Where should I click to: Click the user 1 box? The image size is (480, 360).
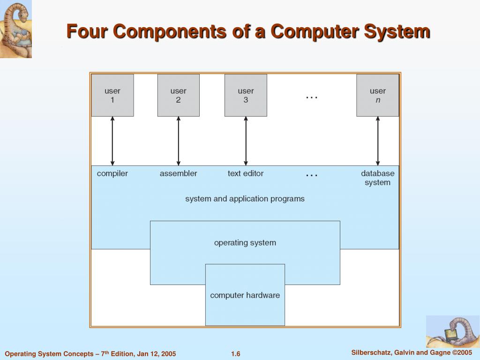click(112, 95)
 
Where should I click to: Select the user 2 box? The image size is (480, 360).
click(178, 95)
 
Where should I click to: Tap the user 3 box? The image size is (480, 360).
click(246, 95)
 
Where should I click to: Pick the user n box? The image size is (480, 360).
click(377, 95)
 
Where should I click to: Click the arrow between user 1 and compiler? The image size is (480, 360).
click(112, 141)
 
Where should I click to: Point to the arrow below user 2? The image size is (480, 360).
click(178, 141)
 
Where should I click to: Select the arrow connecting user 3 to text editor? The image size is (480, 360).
click(246, 141)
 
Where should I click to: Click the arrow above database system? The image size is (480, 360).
click(378, 141)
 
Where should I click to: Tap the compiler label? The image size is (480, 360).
click(112, 173)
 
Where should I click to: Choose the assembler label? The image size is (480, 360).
click(178, 173)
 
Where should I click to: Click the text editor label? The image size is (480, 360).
click(246, 173)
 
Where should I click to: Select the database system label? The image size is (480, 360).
click(377, 178)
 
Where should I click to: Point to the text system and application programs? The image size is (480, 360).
click(245, 199)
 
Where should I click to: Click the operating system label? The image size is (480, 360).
click(245, 243)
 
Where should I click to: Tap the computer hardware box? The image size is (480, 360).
click(245, 295)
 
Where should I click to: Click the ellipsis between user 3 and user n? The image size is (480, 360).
click(312, 97)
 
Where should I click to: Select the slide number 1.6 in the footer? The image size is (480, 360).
click(235, 354)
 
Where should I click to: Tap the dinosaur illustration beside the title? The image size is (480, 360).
click(15, 29)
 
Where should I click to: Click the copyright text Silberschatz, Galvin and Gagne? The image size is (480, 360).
click(411, 352)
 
